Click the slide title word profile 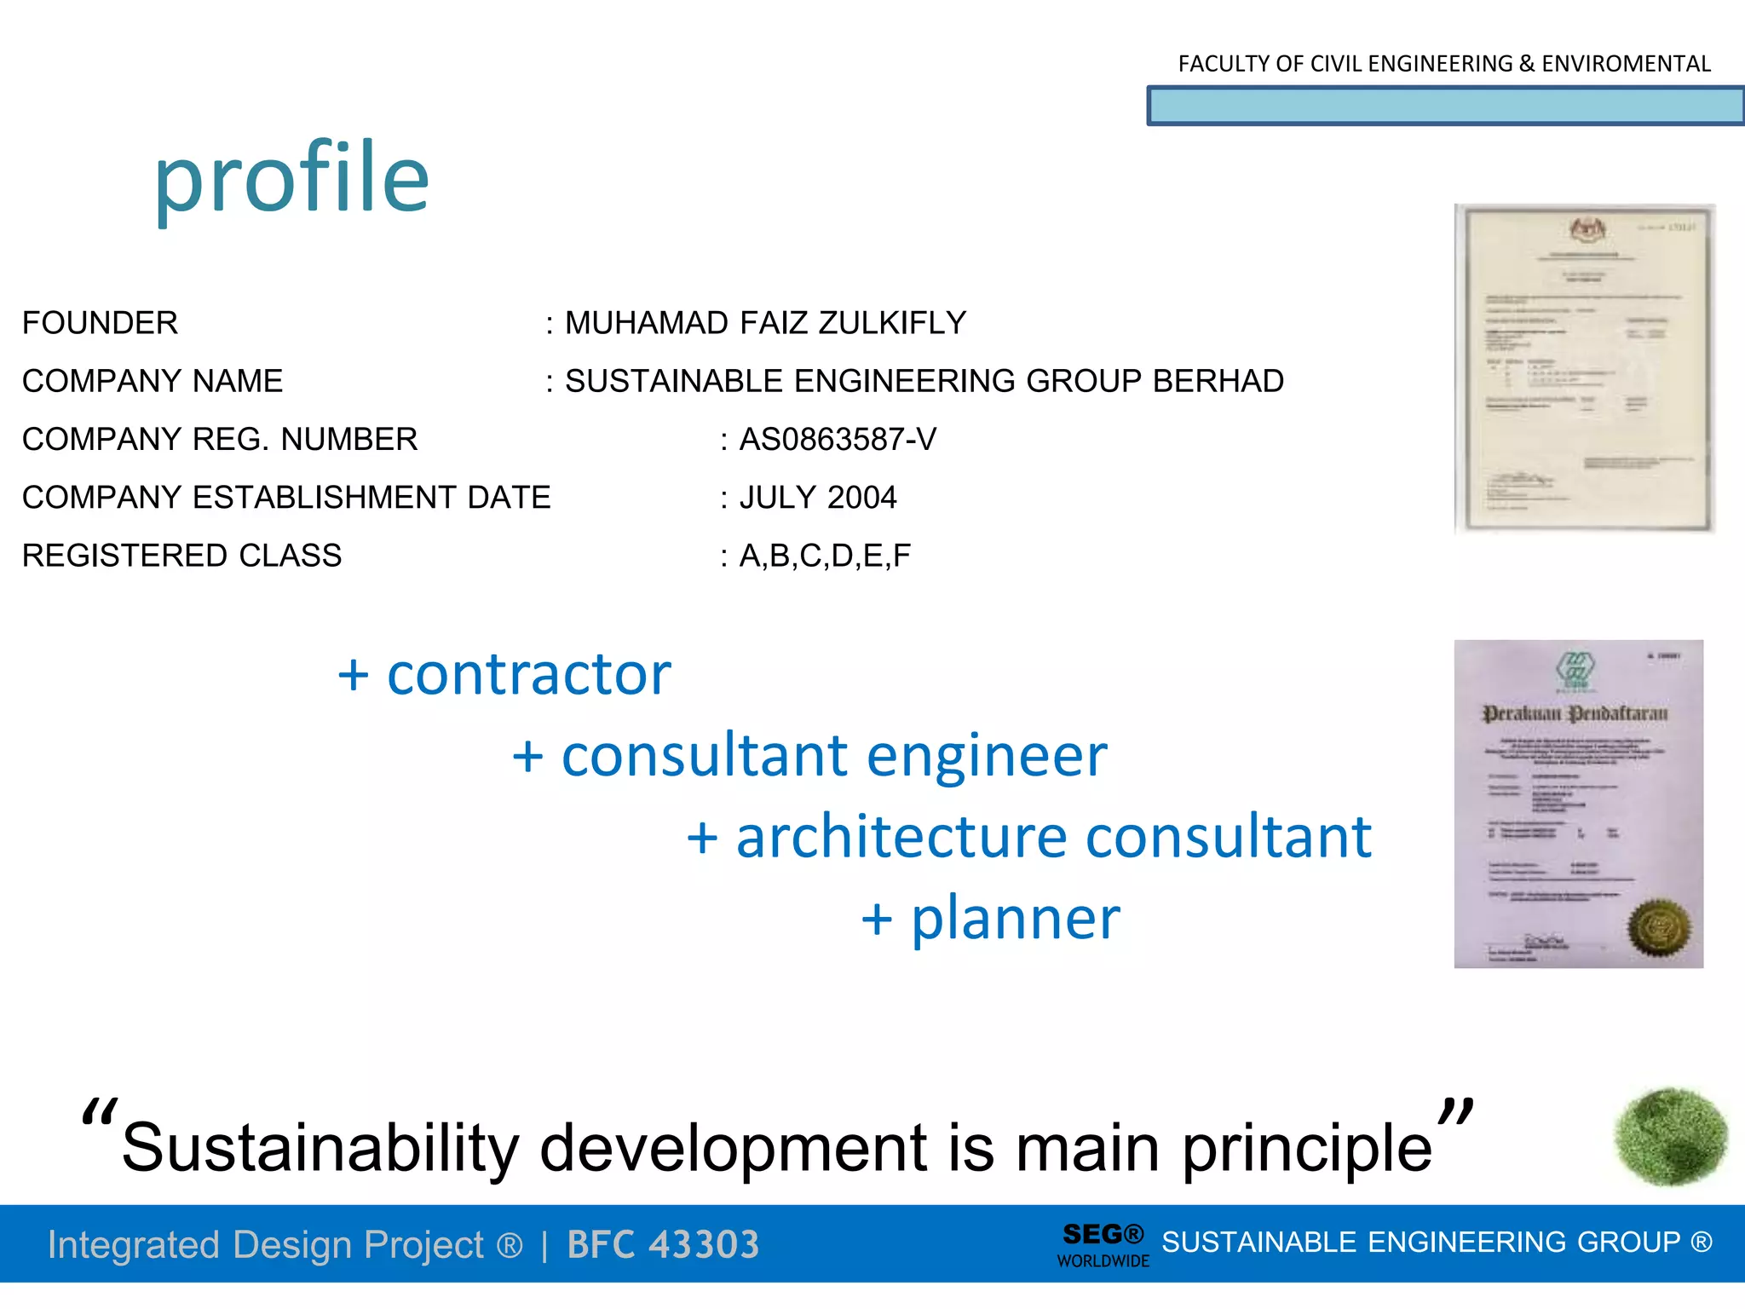(x=291, y=179)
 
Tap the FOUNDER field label (x=100, y=323)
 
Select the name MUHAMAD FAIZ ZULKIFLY (x=765, y=323)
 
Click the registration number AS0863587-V (x=838, y=440)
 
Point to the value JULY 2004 (x=818, y=498)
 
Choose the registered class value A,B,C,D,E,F (x=825, y=556)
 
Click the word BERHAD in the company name (x=1218, y=381)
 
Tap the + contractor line (x=504, y=674)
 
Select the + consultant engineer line (x=809, y=756)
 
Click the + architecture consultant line (x=1029, y=837)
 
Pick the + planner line (x=991, y=919)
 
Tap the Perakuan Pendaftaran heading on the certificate (x=1575, y=713)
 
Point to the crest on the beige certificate (x=1587, y=228)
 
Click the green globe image (x=1671, y=1137)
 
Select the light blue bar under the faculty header (x=1445, y=107)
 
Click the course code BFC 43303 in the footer (x=663, y=1244)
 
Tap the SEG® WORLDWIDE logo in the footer (x=1103, y=1245)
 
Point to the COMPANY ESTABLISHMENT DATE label (x=286, y=498)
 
